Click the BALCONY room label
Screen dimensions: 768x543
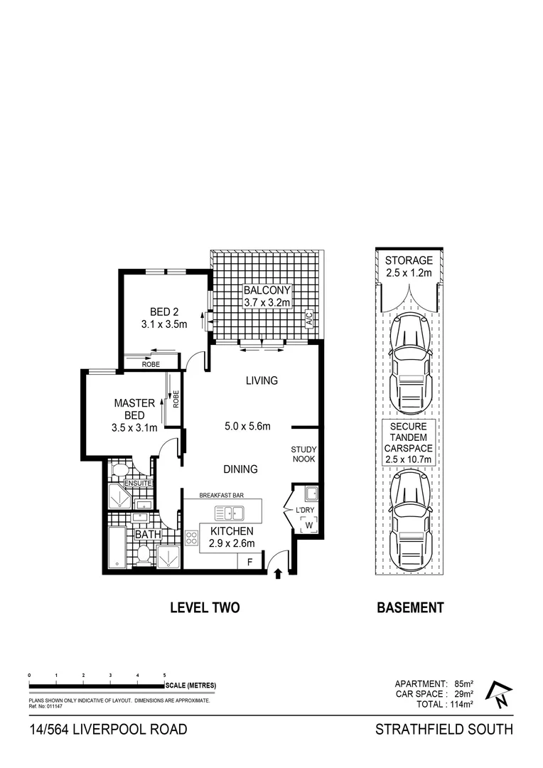(x=267, y=291)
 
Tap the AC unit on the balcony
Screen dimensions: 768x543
(x=309, y=320)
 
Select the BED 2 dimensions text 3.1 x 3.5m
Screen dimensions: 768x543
(x=163, y=325)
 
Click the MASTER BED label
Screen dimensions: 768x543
(x=129, y=409)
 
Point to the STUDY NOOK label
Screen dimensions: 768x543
(x=303, y=454)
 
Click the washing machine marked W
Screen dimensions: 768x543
(x=308, y=526)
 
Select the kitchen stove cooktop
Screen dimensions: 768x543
(x=191, y=538)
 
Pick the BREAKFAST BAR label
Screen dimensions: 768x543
(x=222, y=495)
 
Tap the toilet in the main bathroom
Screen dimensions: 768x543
(x=142, y=555)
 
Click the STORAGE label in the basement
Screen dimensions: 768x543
(x=409, y=261)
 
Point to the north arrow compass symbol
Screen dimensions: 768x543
(x=500, y=694)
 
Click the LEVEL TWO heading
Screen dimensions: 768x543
(x=204, y=607)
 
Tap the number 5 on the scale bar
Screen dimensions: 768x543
(x=164, y=675)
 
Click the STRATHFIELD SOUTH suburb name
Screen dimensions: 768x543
(x=443, y=730)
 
